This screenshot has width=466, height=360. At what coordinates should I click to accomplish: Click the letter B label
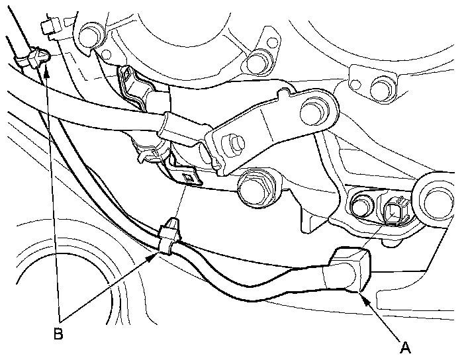coord(58,334)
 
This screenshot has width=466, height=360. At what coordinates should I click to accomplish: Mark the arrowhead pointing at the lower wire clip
coord(157,254)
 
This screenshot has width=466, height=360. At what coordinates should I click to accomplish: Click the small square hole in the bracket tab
coord(189,177)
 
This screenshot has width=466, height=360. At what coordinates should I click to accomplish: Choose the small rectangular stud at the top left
coord(47,27)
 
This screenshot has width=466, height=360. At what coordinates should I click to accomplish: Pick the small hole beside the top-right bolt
coord(355,85)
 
